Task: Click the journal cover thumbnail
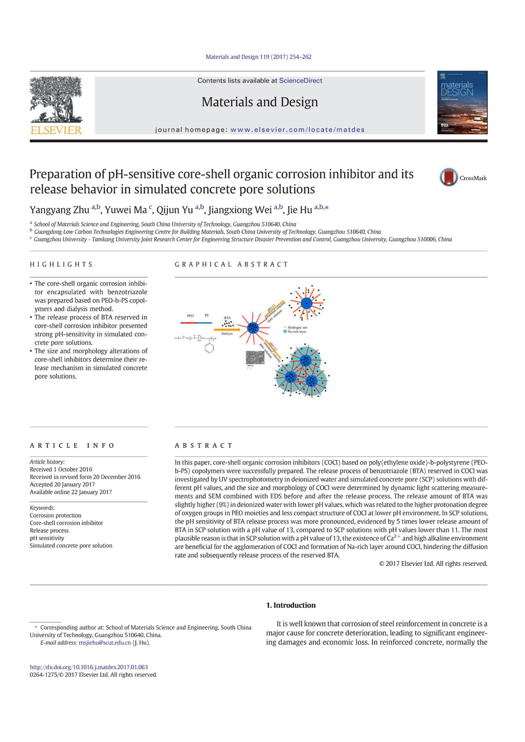click(x=462, y=103)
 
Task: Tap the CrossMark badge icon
click(x=449, y=177)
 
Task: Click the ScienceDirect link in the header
click(x=300, y=80)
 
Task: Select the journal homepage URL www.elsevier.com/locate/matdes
click(x=297, y=129)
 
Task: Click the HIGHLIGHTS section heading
click(x=61, y=264)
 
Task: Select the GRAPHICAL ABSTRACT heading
click(x=231, y=264)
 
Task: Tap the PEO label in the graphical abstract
click(x=190, y=316)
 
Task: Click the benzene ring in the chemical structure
click(x=209, y=348)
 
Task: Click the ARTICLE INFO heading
click(x=72, y=445)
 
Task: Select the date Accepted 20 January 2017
click(x=62, y=484)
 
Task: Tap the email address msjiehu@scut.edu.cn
click(x=105, y=643)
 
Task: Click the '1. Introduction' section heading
click(x=290, y=605)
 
